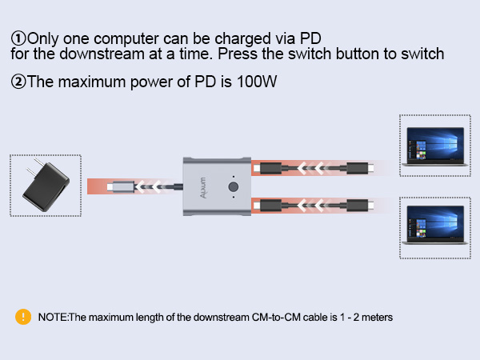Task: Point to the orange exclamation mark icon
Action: [x=23, y=316]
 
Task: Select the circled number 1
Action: [x=18, y=38]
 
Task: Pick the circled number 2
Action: [x=18, y=82]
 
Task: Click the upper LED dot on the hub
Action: [x=234, y=175]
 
